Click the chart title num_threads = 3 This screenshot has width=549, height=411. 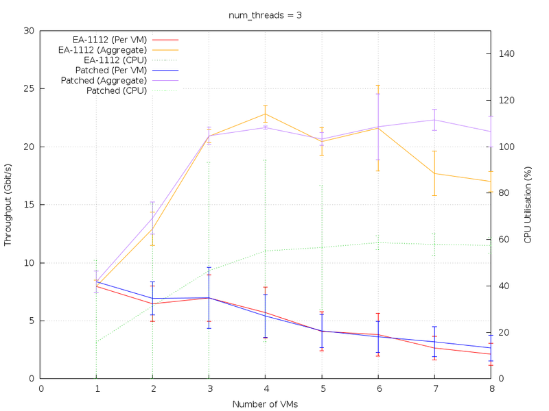[x=265, y=15]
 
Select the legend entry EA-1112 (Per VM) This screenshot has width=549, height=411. [x=109, y=40]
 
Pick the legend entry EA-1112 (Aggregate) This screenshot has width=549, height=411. [x=102, y=50]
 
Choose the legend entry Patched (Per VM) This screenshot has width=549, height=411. [x=111, y=70]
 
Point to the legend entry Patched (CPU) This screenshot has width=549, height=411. [x=117, y=90]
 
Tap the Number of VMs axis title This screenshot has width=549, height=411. [x=265, y=404]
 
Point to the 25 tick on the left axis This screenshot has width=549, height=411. [x=30, y=88]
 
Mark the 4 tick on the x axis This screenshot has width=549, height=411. [x=265, y=388]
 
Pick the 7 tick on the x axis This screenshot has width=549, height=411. [x=434, y=388]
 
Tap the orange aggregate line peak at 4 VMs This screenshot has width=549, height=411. [x=265, y=114]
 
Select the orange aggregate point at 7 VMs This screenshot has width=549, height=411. [x=434, y=173]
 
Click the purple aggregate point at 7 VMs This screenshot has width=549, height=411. [x=434, y=120]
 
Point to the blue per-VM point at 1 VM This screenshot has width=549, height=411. [x=96, y=281]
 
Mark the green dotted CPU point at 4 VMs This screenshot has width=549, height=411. [x=265, y=251]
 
